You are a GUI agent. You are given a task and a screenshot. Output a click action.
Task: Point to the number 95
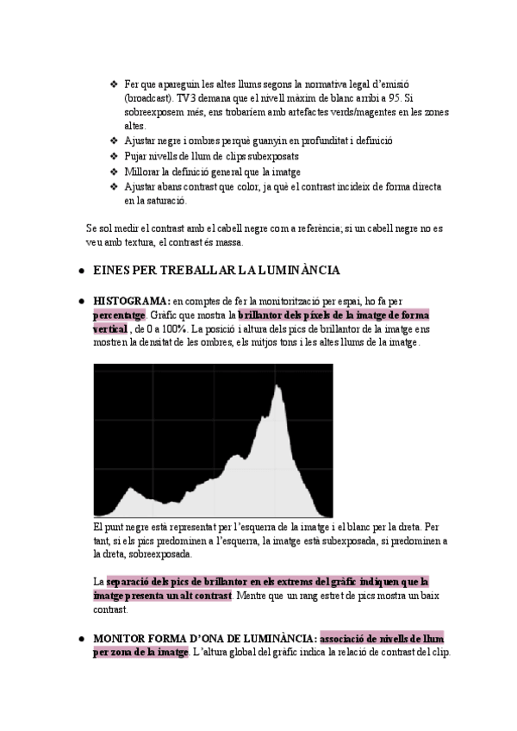pyautogui.click(x=396, y=98)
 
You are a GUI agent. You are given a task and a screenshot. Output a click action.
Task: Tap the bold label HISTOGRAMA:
pyautogui.click(x=132, y=301)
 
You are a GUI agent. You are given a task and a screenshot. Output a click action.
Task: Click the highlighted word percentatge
pyautogui.click(x=119, y=316)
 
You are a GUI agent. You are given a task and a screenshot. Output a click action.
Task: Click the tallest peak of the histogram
pyautogui.click(x=277, y=387)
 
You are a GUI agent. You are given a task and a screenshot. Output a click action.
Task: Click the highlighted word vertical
pyautogui.click(x=109, y=329)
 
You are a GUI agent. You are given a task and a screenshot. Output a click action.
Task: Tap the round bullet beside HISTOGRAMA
pyautogui.click(x=79, y=301)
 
